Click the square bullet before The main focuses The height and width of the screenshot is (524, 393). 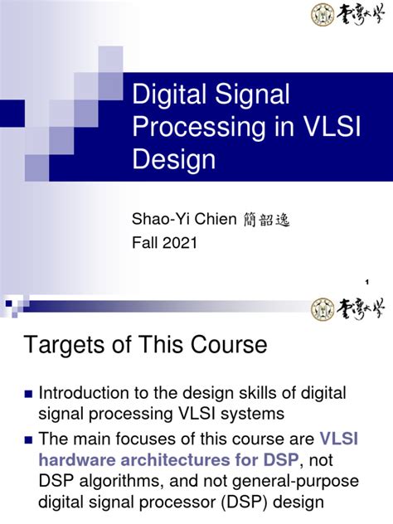pyautogui.click(x=29, y=438)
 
